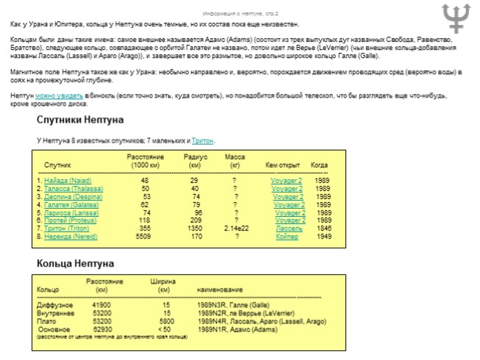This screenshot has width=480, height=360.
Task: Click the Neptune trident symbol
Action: pyautogui.click(x=456, y=18)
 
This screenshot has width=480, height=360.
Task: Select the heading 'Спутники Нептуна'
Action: pyautogui.click(x=80, y=120)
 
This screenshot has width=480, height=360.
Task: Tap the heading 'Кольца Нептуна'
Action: pyautogui.click(x=76, y=263)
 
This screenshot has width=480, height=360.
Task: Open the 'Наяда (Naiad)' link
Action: pyautogui.click(x=68, y=180)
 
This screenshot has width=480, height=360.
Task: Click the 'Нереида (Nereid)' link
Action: pyautogui.click(x=70, y=237)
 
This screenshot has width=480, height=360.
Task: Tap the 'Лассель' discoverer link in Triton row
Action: pyautogui.click(x=289, y=228)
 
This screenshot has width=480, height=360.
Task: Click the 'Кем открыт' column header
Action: pyautogui.click(x=282, y=165)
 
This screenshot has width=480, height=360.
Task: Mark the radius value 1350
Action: pyautogui.click(x=195, y=228)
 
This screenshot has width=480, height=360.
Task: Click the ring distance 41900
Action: pyautogui.click(x=101, y=305)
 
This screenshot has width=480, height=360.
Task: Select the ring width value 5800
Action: pyautogui.click(x=166, y=321)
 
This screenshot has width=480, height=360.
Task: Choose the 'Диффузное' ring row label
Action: pyautogui.click(x=53, y=305)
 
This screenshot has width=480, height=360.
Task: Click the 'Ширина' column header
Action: pyautogui.click(x=163, y=281)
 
